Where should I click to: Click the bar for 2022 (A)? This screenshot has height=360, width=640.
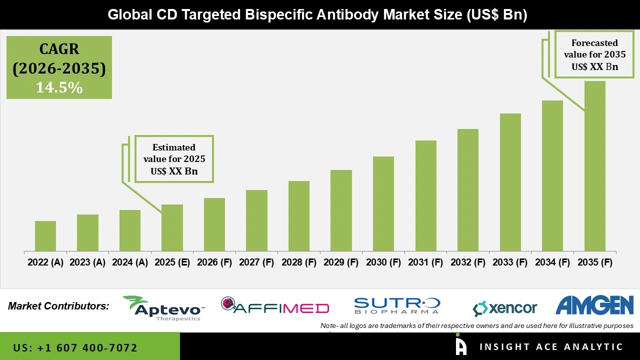[x=45, y=236]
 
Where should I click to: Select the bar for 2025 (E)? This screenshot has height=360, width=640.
[x=172, y=228]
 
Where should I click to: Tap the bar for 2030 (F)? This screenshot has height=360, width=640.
[x=383, y=204]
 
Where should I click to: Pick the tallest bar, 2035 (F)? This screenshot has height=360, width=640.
[x=594, y=166]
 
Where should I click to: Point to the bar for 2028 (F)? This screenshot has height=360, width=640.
[x=298, y=216]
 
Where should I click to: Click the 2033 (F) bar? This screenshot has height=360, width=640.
[x=510, y=182]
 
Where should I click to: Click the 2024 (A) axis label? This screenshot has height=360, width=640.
[x=130, y=262]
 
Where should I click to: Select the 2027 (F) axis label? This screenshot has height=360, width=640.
[x=256, y=262]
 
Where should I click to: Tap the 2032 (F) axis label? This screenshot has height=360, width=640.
[x=468, y=262]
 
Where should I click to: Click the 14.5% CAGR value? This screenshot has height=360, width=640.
[x=59, y=88]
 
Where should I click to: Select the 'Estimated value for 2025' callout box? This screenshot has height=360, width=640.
[x=174, y=159]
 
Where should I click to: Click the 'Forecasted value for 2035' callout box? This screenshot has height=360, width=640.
[x=594, y=54]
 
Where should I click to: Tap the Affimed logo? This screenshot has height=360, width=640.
[x=275, y=306]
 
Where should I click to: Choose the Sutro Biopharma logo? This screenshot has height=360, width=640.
[x=397, y=305]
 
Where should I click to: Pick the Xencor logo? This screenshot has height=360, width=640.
[x=505, y=308]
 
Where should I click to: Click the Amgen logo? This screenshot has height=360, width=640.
[x=594, y=305]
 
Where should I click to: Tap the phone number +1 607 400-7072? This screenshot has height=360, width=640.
[x=75, y=347]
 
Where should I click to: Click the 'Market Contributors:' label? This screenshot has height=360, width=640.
[x=58, y=306]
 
